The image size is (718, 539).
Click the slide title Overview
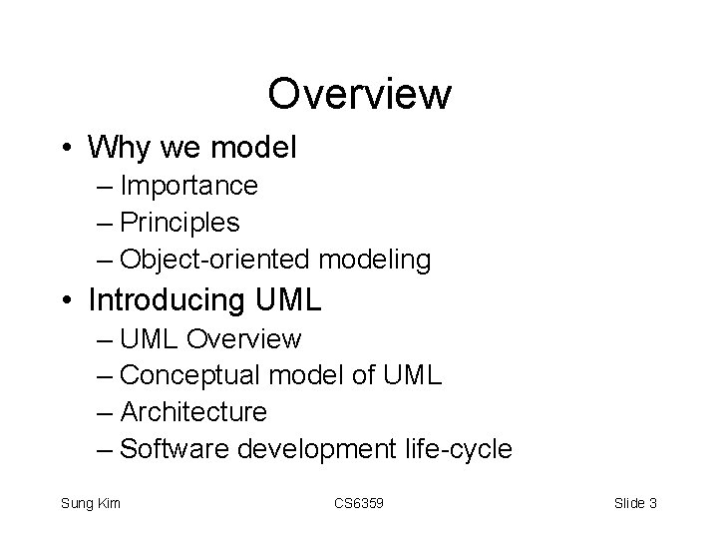[x=359, y=95]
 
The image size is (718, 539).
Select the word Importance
[x=188, y=186]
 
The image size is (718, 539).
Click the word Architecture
[x=193, y=412]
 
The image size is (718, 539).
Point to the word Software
[x=175, y=449]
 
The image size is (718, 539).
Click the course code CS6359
[x=358, y=503]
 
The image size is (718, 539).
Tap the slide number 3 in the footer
[x=652, y=503]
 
